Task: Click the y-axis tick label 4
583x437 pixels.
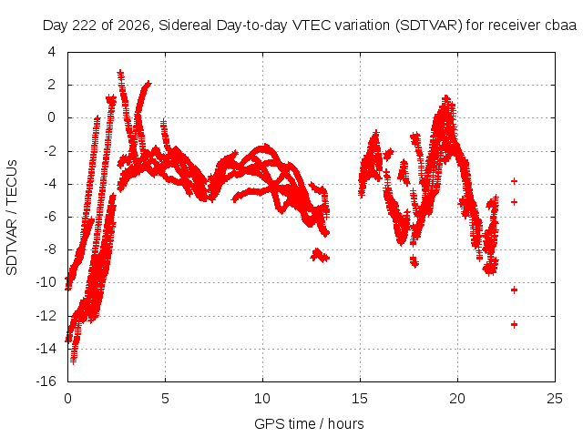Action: point(51,52)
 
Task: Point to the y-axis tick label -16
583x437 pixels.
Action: point(46,381)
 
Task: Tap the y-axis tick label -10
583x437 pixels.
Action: point(46,282)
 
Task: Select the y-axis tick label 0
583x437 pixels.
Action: point(51,117)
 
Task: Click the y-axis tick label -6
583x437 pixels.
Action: point(48,217)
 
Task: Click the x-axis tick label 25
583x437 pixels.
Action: point(555,399)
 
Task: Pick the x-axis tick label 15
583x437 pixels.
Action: point(360,399)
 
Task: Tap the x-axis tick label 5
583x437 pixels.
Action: point(165,399)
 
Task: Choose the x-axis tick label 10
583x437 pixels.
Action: point(262,399)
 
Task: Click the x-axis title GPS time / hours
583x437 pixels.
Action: point(309,423)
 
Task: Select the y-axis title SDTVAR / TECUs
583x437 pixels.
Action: point(12,218)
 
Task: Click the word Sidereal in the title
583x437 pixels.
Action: point(185,25)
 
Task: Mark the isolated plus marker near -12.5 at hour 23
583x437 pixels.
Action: point(514,324)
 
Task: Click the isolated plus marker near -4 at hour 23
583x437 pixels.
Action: point(514,181)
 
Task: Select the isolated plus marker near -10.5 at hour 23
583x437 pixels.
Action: point(514,290)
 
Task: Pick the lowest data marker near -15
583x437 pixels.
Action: point(73,361)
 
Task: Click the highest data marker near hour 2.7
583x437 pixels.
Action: point(120,73)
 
